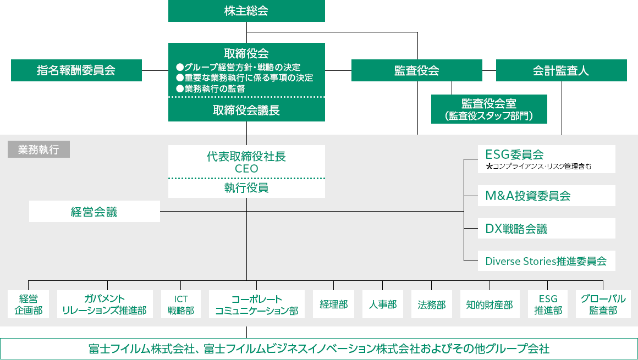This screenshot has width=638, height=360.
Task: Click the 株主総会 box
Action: (x=246, y=11)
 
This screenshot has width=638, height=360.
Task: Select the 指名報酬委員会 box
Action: (x=76, y=70)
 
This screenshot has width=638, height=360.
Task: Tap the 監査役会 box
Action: (x=416, y=70)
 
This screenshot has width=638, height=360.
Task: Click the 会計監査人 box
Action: (x=561, y=70)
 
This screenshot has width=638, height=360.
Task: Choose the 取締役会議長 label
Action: (x=246, y=110)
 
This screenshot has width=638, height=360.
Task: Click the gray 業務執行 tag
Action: (x=38, y=149)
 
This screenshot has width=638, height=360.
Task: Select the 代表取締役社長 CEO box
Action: (x=246, y=162)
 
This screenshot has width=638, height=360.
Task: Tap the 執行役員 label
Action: (x=246, y=188)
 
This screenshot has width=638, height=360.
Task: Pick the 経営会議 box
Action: (x=94, y=212)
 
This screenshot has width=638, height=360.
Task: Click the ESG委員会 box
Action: (x=546, y=159)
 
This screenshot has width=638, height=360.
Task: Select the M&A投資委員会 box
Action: (x=546, y=196)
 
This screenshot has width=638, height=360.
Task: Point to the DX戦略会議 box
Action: (x=546, y=229)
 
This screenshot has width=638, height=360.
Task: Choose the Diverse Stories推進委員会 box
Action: (x=546, y=261)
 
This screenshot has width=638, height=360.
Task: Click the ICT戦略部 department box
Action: (x=181, y=304)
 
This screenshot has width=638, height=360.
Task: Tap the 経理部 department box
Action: (x=333, y=304)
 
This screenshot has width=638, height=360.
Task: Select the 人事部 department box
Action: (x=382, y=304)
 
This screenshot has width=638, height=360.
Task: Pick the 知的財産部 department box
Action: (x=489, y=304)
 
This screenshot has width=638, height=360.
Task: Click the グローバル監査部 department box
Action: (x=603, y=304)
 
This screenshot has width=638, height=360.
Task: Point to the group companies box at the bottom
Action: (x=319, y=348)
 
